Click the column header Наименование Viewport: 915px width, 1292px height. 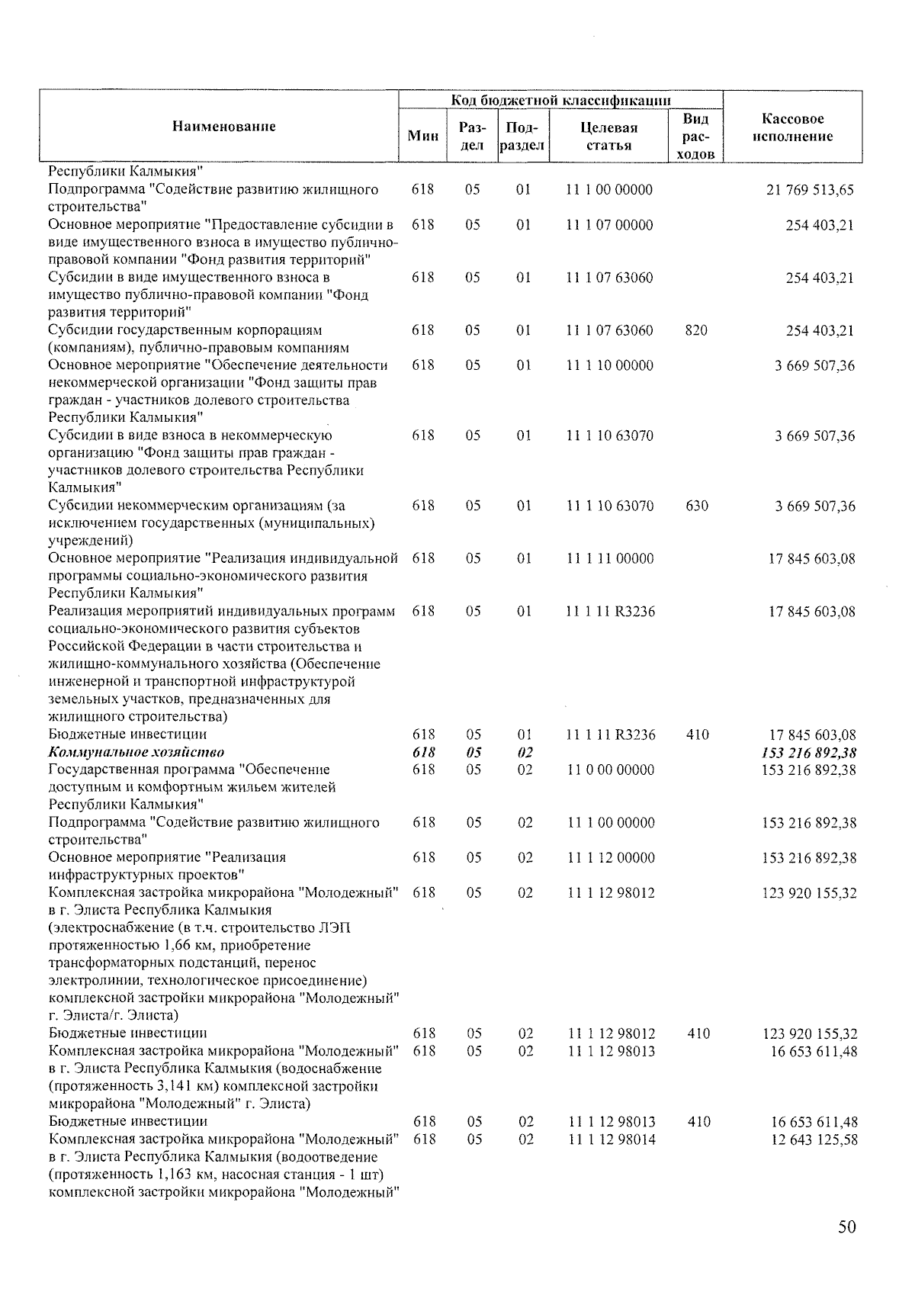pyautogui.click(x=223, y=127)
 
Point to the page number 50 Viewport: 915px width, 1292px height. pyautogui.click(x=846, y=1226)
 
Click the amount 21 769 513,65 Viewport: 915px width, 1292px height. pyautogui.click(x=810, y=190)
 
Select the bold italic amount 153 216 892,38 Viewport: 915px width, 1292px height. pyautogui.click(x=809, y=753)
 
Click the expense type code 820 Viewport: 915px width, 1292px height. pyautogui.click(x=695, y=330)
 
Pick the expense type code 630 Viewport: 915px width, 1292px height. pyautogui.click(x=696, y=506)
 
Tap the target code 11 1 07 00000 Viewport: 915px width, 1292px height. pyautogui.click(x=609, y=225)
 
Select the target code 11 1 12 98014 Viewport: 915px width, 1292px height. pyautogui.click(x=611, y=1139)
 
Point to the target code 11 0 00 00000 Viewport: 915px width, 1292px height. pyautogui.click(x=610, y=770)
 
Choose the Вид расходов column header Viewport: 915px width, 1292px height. pyautogui.click(x=695, y=136)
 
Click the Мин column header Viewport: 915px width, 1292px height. pyautogui.click(x=423, y=136)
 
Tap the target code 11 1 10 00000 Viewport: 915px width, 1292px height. pyautogui.click(x=609, y=365)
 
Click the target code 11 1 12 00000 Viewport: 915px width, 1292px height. pyautogui.click(x=610, y=857)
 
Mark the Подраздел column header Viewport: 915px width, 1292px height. pyautogui.click(x=522, y=136)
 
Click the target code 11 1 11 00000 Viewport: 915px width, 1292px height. pyautogui.click(x=609, y=558)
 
